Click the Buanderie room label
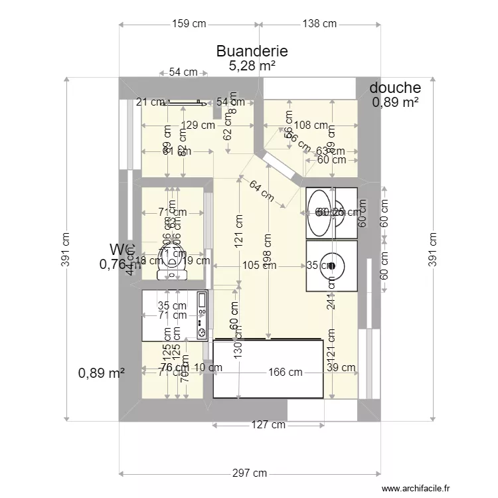click(x=252, y=51)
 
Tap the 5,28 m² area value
click(x=252, y=65)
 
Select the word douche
click(x=395, y=88)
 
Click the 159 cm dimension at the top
click(x=189, y=24)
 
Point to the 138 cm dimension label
click(x=320, y=24)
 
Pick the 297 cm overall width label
click(x=250, y=473)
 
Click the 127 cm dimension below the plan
click(x=269, y=425)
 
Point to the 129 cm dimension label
click(x=198, y=125)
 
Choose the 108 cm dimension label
click(x=311, y=125)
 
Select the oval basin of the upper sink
click(x=319, y=212)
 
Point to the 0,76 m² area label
click(x=116, y=264)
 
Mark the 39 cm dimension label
click(x=341, y=367)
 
